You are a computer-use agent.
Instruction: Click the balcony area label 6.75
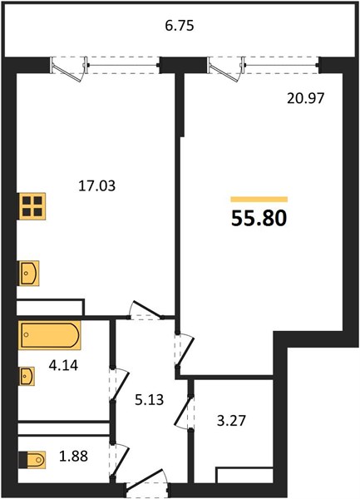[179, 25]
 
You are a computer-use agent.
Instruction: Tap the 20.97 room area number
[304, 96]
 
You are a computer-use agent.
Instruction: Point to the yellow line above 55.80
[259, 200]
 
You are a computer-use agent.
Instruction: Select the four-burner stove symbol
[32, 206]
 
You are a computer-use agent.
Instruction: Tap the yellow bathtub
[50, 338]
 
